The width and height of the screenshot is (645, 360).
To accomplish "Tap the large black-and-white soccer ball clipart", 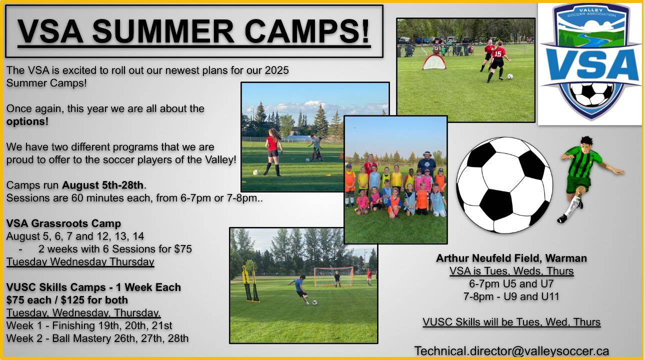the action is (x=504, y=185).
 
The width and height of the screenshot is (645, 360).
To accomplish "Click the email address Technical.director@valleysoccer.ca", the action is (x=511, y=351).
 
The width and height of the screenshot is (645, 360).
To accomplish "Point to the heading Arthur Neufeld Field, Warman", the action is (x=511, y=258).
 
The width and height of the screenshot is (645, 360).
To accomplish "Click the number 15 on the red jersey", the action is (x=498, y=53).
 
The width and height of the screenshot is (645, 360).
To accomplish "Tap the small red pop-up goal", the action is (x=434, y=62).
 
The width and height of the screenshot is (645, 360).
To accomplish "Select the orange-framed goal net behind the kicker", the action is (x=333, y=276).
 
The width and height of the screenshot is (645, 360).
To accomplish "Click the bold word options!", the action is (x=27, y=121).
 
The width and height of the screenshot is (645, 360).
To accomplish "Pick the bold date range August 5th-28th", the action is (x=103, y=185).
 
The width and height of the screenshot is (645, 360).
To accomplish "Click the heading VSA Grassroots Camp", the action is (x=63, y=223).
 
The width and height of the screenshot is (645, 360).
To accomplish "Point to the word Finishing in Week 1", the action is (x=73, y=325).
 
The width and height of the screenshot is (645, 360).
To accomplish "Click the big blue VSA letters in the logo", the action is (x=591, y=65).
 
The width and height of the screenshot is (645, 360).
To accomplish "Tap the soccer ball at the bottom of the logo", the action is (x=591, y=94).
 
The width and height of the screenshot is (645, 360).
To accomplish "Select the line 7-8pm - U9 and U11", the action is (x=511, y=296).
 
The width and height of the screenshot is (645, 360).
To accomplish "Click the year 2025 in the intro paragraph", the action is (x=276, y=70).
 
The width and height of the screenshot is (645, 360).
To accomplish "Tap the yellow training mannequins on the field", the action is (x=250, y=283).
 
